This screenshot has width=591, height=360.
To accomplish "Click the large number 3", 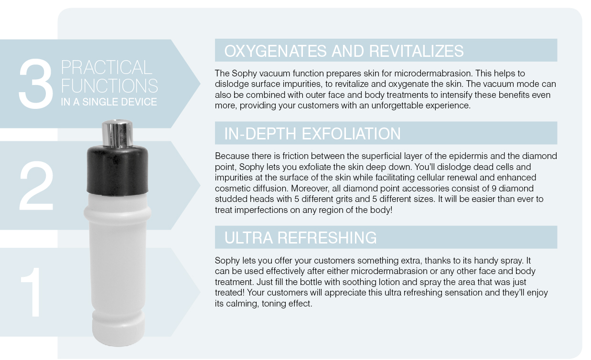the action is (36, 84).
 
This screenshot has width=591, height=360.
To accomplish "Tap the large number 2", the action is (36, 186).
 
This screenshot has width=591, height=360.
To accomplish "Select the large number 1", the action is (32, 292).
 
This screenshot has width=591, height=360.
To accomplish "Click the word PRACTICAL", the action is (107, 67).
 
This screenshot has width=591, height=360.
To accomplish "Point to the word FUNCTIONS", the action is (109, 86).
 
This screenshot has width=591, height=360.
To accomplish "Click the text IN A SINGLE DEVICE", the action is (109, 102).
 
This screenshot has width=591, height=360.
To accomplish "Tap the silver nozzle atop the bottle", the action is (117, 133).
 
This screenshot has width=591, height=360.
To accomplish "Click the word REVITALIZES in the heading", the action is (416, 51).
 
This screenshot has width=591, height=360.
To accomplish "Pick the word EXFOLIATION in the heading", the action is (351, 134).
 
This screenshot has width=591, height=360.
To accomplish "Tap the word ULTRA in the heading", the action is (248, 238).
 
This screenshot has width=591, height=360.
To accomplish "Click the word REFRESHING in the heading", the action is (327, 238).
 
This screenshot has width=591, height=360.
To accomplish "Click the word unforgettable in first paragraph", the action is (398, 106).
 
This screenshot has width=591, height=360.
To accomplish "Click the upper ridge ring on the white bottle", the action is (118, 213).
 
